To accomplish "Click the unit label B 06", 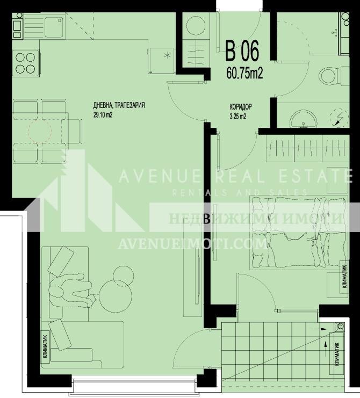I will [242, 52].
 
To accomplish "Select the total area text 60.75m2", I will [244, 73].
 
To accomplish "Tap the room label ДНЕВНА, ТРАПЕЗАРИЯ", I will [119, 106].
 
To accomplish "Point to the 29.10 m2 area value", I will [103, 114].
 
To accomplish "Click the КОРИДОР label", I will [241, 107].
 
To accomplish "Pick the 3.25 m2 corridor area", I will [237, 116].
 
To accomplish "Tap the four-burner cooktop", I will [24, 62].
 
